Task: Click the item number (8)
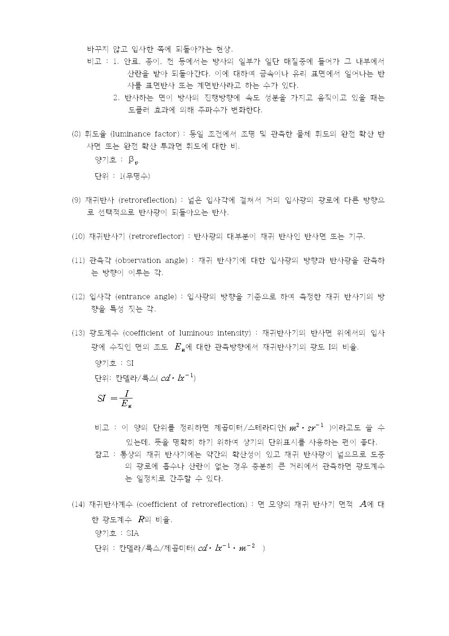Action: click(76, 134)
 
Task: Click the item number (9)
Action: click(76, 200)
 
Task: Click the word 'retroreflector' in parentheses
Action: click(157, 237)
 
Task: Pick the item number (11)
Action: click(78, 261)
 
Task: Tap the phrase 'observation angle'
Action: click(151, 261)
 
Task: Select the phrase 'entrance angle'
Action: click(146, 297)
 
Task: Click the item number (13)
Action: click(78, 333)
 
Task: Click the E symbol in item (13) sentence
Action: click(178, 348)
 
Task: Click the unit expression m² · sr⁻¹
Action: click(307, 428)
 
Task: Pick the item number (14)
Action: click(78, 505)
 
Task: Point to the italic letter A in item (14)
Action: click(362, 504)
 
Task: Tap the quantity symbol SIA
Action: click(133, 534)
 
